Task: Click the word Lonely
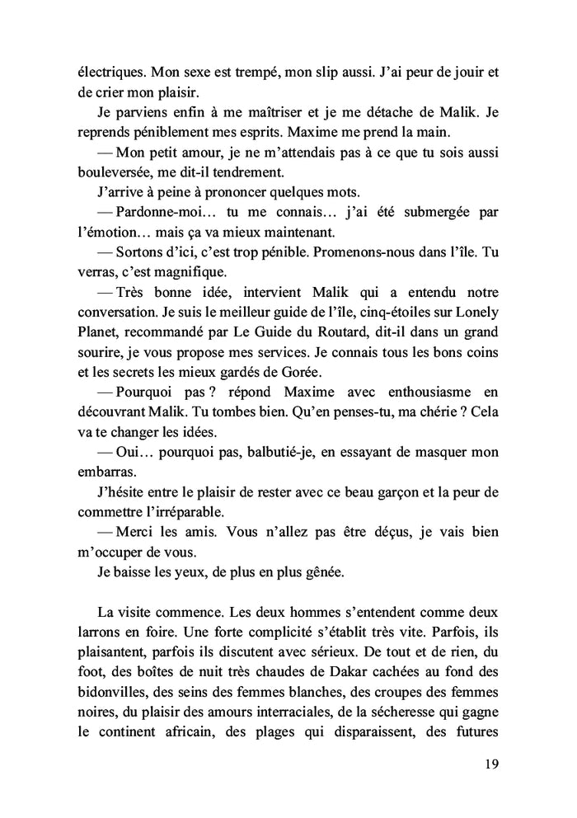point(477,311)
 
